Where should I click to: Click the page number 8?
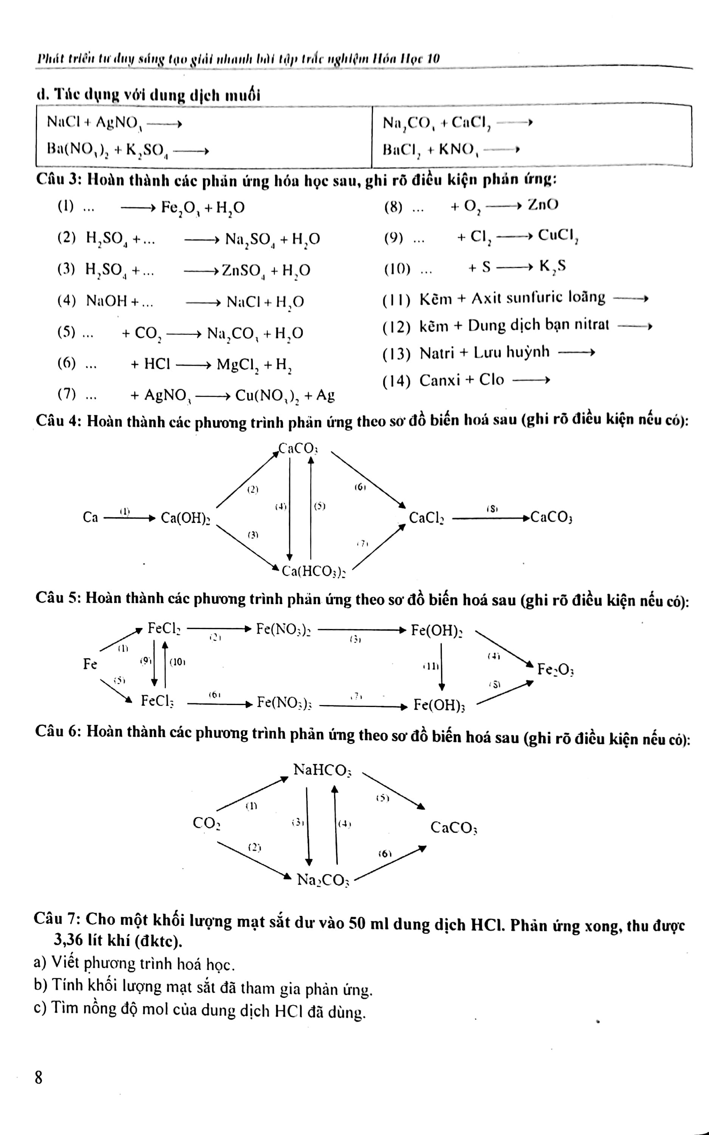pyautogui.click(x=39, y=1077)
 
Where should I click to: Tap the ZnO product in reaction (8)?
pyautogui.click(x=543, y=204)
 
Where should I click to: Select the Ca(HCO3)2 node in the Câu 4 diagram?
pyautogui.click(x=313, y=571)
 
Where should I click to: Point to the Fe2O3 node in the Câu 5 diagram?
pyautogui.click(x=555, y=669)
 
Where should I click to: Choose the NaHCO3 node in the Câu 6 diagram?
pyautogui.click(x=322, y=770)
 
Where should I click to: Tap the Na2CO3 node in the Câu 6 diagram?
pyautogui.click(x=323, y=880)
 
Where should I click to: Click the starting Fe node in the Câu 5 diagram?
pyautogui.click(x=90, y=664)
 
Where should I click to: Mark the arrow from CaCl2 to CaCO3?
pyautogui.click(x=491, y=518)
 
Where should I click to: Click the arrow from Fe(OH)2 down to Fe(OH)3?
pyautogui.click(x=441, y=666)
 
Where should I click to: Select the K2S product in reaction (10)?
pyautogui.click(x=553, y=266)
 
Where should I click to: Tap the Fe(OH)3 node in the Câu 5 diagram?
pyautogui.click(x=439, y=705)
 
